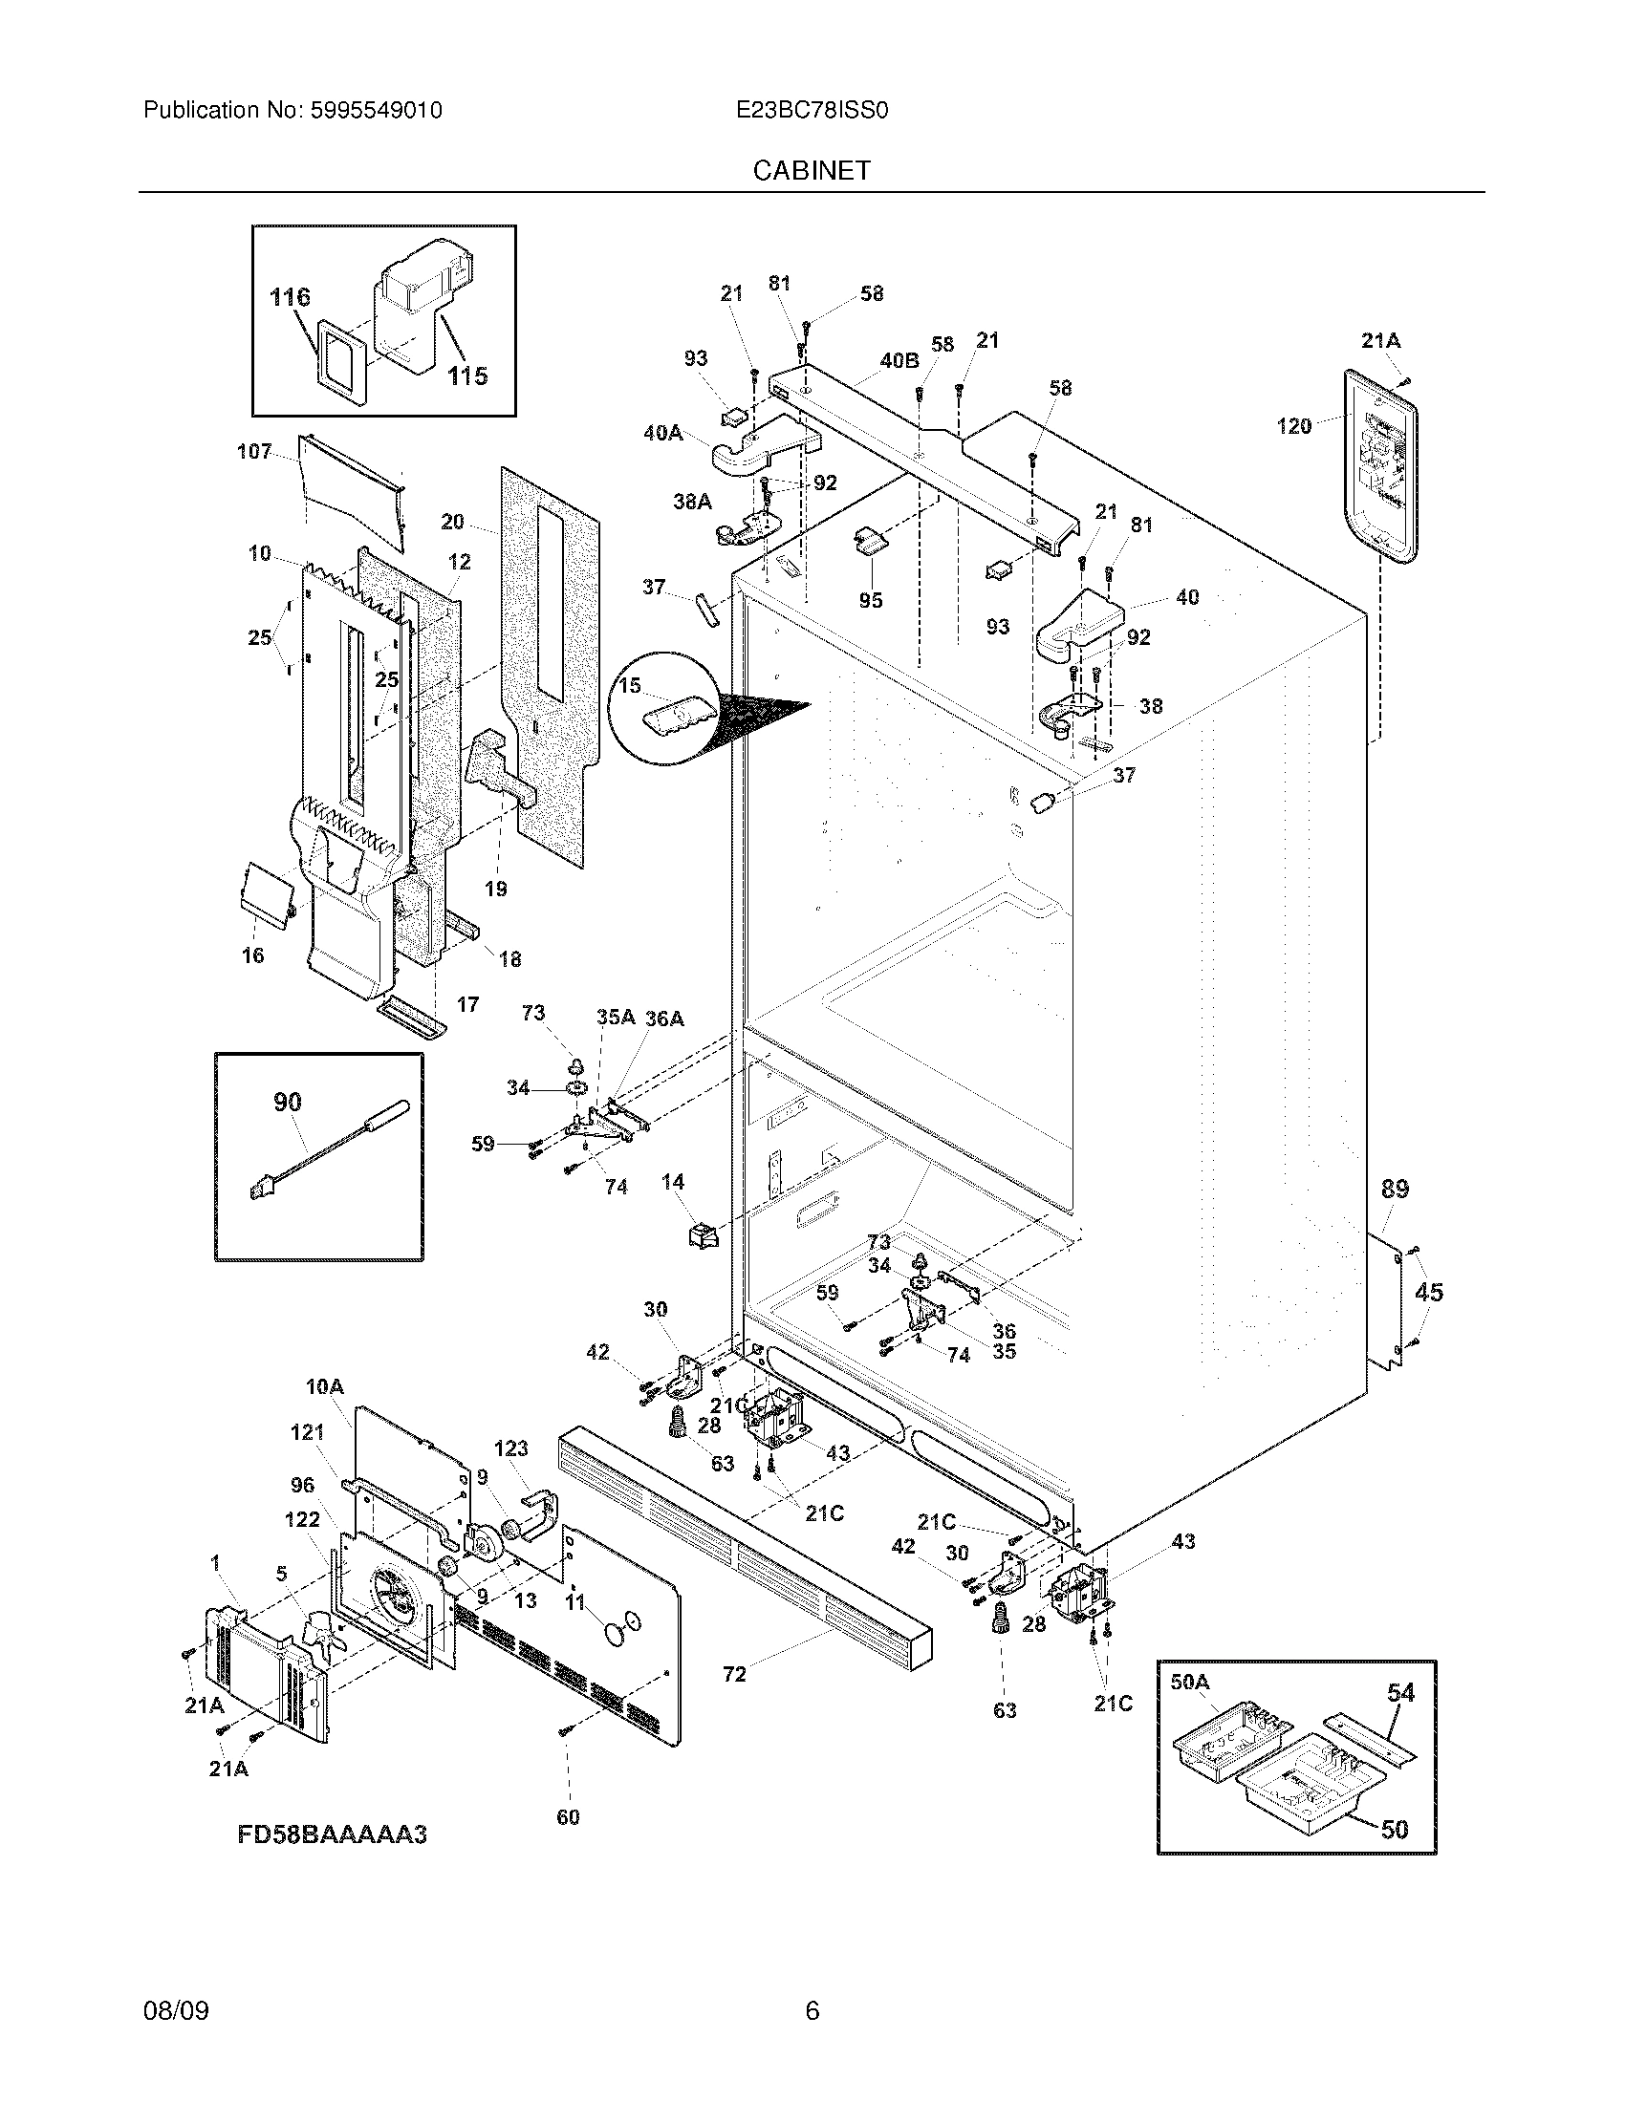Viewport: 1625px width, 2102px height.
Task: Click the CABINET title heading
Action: [811, 170]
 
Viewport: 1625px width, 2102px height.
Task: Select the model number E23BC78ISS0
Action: [811, 111]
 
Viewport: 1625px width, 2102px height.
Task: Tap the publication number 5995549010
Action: [376, 111]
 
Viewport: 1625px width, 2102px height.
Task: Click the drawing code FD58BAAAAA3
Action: [331, 1834]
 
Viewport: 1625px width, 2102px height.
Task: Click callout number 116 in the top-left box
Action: [290, 297]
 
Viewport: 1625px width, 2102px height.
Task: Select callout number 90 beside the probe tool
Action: [287, 1102]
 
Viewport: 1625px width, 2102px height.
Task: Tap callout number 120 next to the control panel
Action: [1293, 425]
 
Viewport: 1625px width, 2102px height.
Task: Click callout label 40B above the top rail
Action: [899, 361]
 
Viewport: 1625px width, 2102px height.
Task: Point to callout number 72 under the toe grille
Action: [733, 1675]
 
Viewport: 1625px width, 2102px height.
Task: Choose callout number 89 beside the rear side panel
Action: [1395, 1189]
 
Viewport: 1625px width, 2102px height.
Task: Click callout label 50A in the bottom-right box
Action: [1189, 1682]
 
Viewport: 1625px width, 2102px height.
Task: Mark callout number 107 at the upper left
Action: [254, 451]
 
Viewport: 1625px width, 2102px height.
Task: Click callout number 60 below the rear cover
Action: [568, 1817]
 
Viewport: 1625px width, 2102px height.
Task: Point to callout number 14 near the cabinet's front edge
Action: [672, 1181]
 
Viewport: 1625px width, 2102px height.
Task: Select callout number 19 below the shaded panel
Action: [495, 889]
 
